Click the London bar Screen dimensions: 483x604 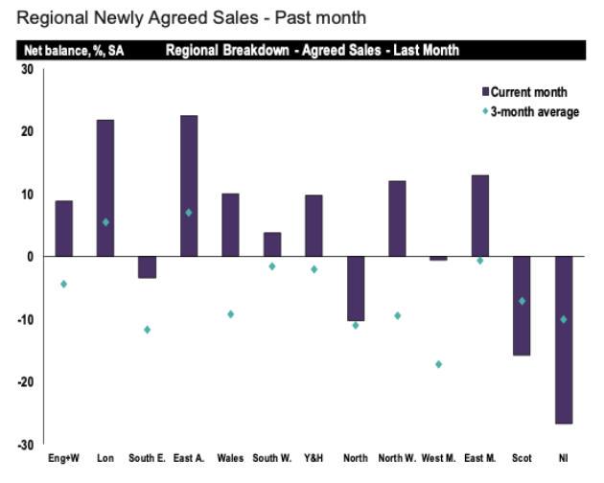[x=105, y=188]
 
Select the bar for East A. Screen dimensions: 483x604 [x=189, y=186]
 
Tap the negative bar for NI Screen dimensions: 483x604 [x=564, y=339]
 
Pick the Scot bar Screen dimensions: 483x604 [x=522, y=306]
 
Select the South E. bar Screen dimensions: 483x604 [x=147, y=267]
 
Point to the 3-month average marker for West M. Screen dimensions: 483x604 [x=439, y=364]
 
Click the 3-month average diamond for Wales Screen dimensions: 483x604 [x=231, y=314]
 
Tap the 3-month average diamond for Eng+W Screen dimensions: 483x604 [x=63, y=284]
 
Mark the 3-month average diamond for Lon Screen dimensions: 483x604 [x=105, y=222]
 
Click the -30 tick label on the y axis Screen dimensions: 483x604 [x=26, y=445]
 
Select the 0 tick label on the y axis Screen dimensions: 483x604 [x=31, y=257]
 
